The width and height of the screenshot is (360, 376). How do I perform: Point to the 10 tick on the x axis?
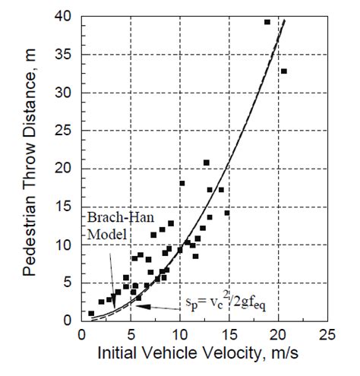coord(181,335)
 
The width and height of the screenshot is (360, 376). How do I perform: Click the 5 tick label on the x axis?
coord(131,335)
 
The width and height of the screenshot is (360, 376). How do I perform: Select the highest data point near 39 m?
coord(267,22)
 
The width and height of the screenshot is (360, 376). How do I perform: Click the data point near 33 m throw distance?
coord(284,71)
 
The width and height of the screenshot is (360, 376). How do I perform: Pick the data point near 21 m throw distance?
coord(207,163)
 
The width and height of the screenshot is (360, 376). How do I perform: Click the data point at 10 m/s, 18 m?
coord(182,183)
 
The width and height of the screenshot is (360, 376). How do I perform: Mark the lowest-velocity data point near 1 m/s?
coord(91,313)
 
